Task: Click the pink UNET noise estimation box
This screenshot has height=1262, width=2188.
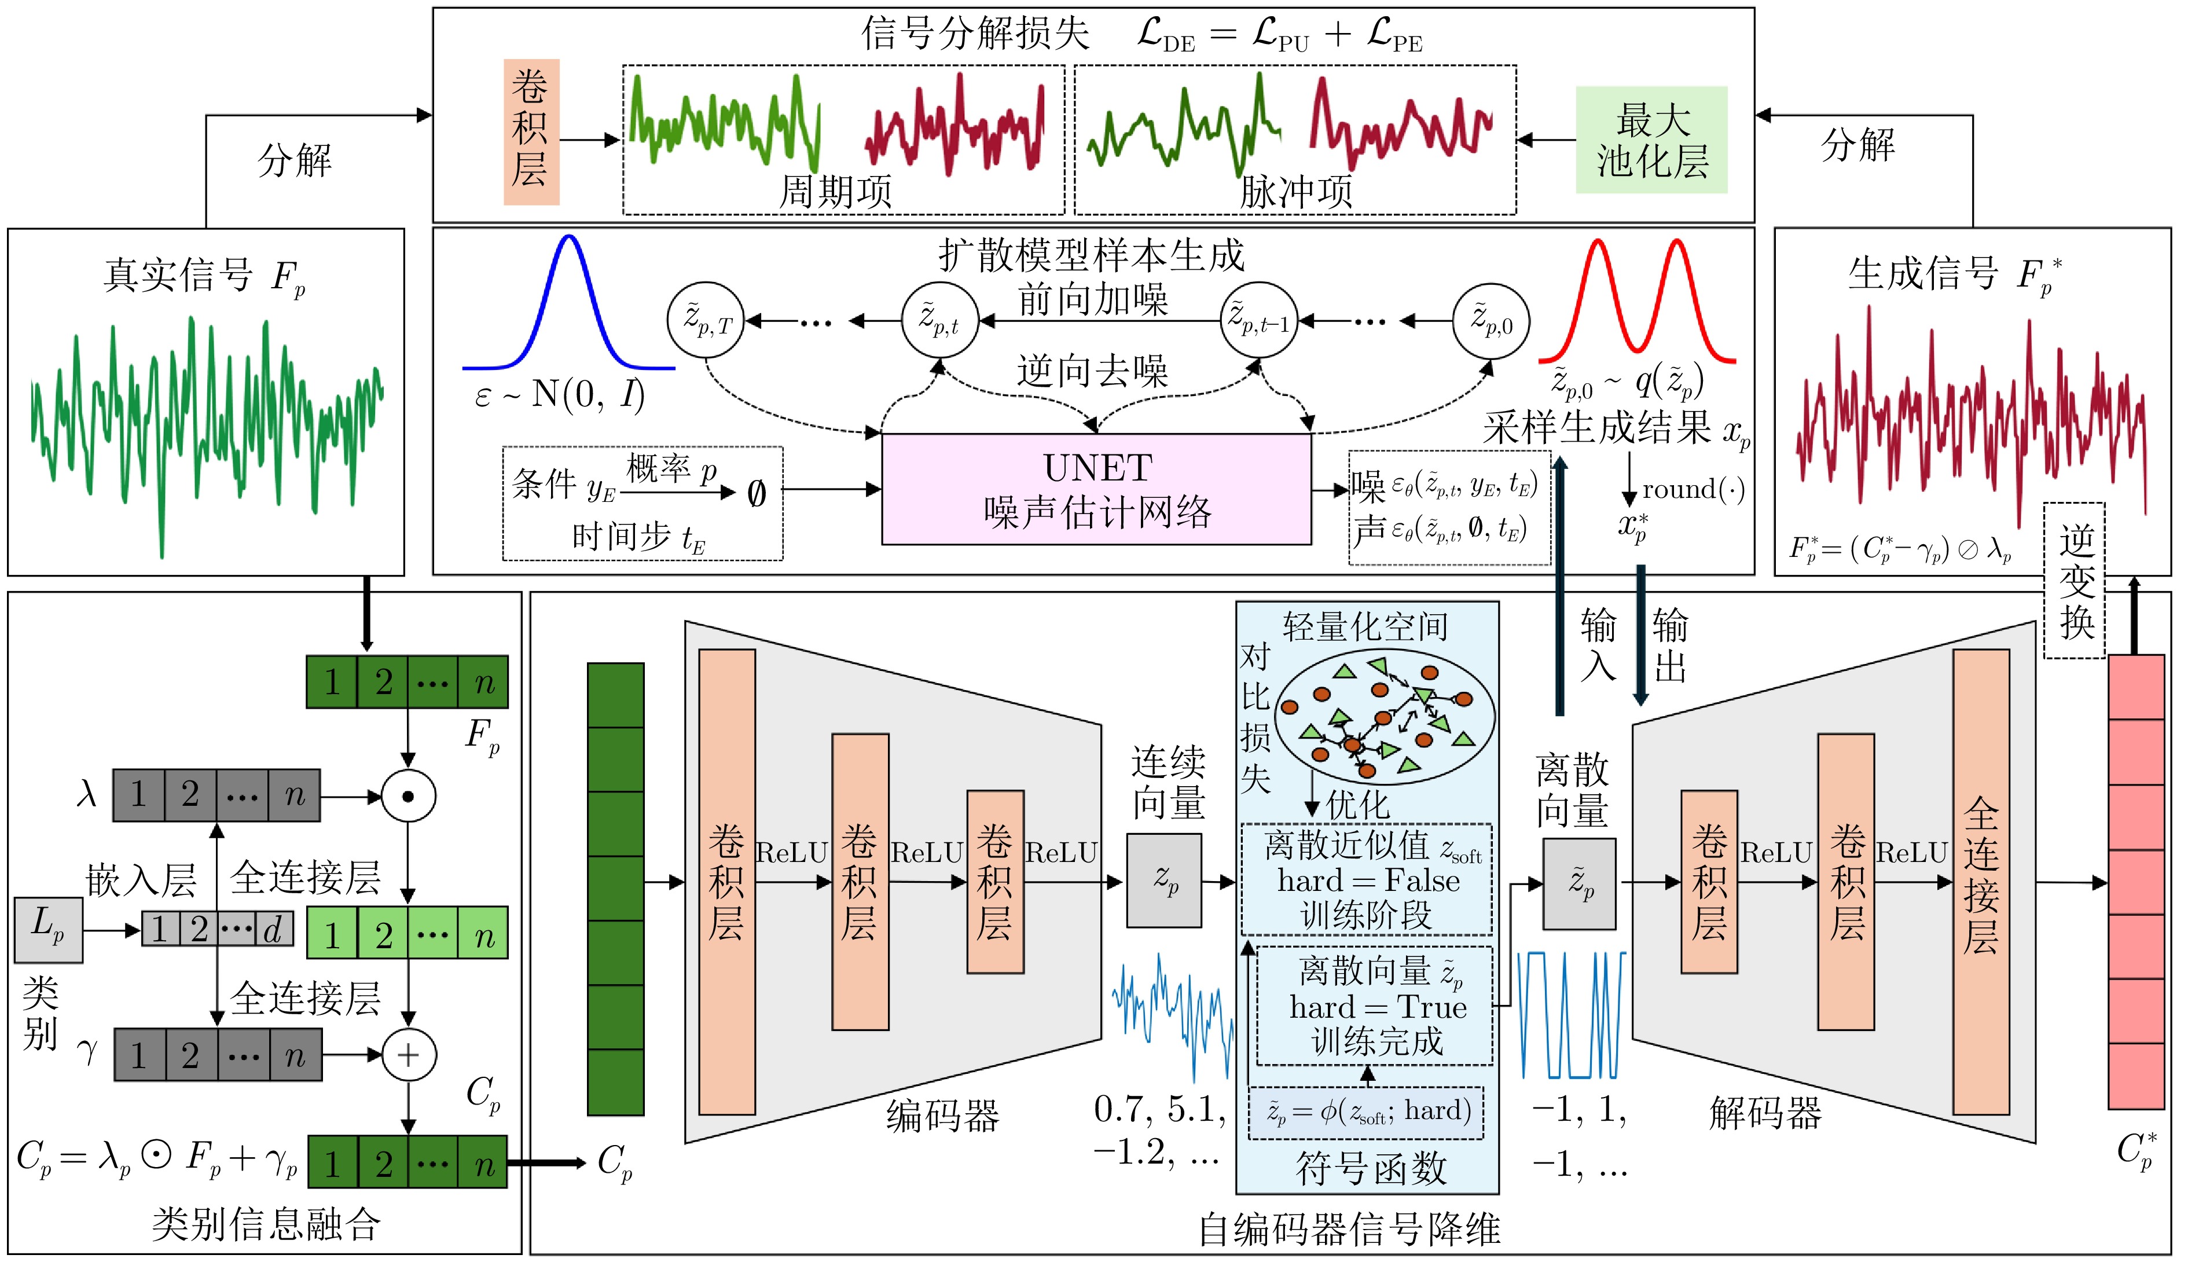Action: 1096,489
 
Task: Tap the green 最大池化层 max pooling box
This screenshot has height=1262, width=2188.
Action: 1651,140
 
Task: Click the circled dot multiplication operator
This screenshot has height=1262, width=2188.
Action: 409,795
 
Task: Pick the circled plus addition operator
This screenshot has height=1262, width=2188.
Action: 409,1055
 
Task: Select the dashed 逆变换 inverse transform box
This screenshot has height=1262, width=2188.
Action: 2075,581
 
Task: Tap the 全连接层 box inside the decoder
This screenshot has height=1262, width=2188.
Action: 1981,882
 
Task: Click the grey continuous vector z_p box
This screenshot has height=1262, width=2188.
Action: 1164,881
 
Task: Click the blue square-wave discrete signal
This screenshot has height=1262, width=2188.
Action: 1571,1014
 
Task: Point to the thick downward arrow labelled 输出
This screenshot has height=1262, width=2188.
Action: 1640,635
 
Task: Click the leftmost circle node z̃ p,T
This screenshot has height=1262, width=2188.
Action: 706,321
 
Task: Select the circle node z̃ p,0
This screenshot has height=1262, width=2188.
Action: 1491,321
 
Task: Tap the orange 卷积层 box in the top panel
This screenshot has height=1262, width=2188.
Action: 531,132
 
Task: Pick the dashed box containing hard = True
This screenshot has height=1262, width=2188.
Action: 1374,1006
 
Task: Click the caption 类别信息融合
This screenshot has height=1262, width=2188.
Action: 266,1224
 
